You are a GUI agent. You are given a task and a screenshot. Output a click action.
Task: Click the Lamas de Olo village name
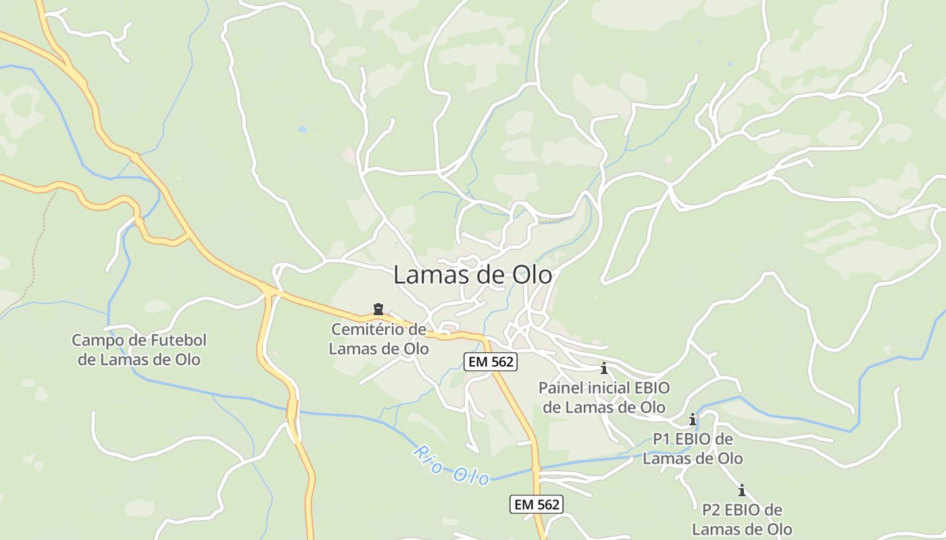pos(472,275)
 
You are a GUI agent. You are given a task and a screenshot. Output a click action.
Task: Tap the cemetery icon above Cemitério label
pos(378,310)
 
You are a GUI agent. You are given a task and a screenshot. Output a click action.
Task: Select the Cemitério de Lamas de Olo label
pos(378,339)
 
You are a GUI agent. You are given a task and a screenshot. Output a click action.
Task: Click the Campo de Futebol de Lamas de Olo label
pos(139,350)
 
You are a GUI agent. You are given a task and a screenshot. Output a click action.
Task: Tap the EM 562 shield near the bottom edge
pos(536,504)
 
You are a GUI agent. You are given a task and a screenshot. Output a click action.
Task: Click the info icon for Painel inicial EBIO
pos(604,369)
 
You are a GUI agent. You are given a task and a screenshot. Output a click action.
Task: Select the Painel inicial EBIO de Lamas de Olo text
pos(604,398)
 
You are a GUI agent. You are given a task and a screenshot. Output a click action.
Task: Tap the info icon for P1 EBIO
pos(693,420)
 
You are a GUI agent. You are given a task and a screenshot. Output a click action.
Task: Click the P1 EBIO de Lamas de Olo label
pos(693,449)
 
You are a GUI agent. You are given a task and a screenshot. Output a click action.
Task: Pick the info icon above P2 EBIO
pos(742,490)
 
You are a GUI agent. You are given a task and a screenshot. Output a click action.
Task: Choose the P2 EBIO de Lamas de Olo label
pos(742,519)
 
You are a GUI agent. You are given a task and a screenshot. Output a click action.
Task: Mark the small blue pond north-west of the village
pos(302,129)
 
